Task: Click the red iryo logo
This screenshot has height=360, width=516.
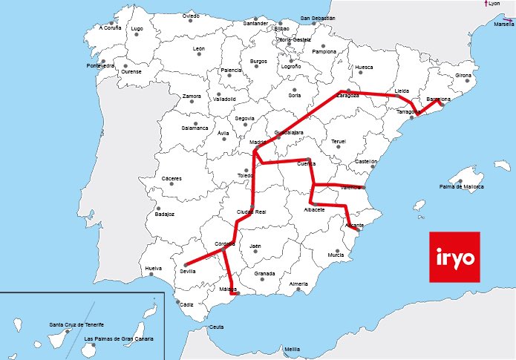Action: tap(454, 257)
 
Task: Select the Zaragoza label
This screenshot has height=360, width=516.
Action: tap(344, 96)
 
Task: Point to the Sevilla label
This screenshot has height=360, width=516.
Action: tap(187, 272)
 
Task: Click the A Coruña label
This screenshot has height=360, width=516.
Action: tap(109, 28)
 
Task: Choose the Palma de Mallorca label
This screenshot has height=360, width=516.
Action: tap(461, 187)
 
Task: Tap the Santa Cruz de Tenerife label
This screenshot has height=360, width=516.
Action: tap(76, 325)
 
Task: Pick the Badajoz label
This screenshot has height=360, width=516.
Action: tap(164, 215)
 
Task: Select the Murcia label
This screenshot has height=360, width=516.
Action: tap(336, 255)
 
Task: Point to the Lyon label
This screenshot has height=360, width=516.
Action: tap(494, 4)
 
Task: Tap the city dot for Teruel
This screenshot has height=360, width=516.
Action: tap(339, 147)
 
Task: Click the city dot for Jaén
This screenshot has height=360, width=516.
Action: tap(255, 251)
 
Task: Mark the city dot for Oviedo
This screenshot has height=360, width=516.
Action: tap(192, 21)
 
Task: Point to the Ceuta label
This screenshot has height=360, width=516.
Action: tap(217, 327)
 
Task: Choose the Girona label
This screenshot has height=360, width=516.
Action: tap(463, 76)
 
